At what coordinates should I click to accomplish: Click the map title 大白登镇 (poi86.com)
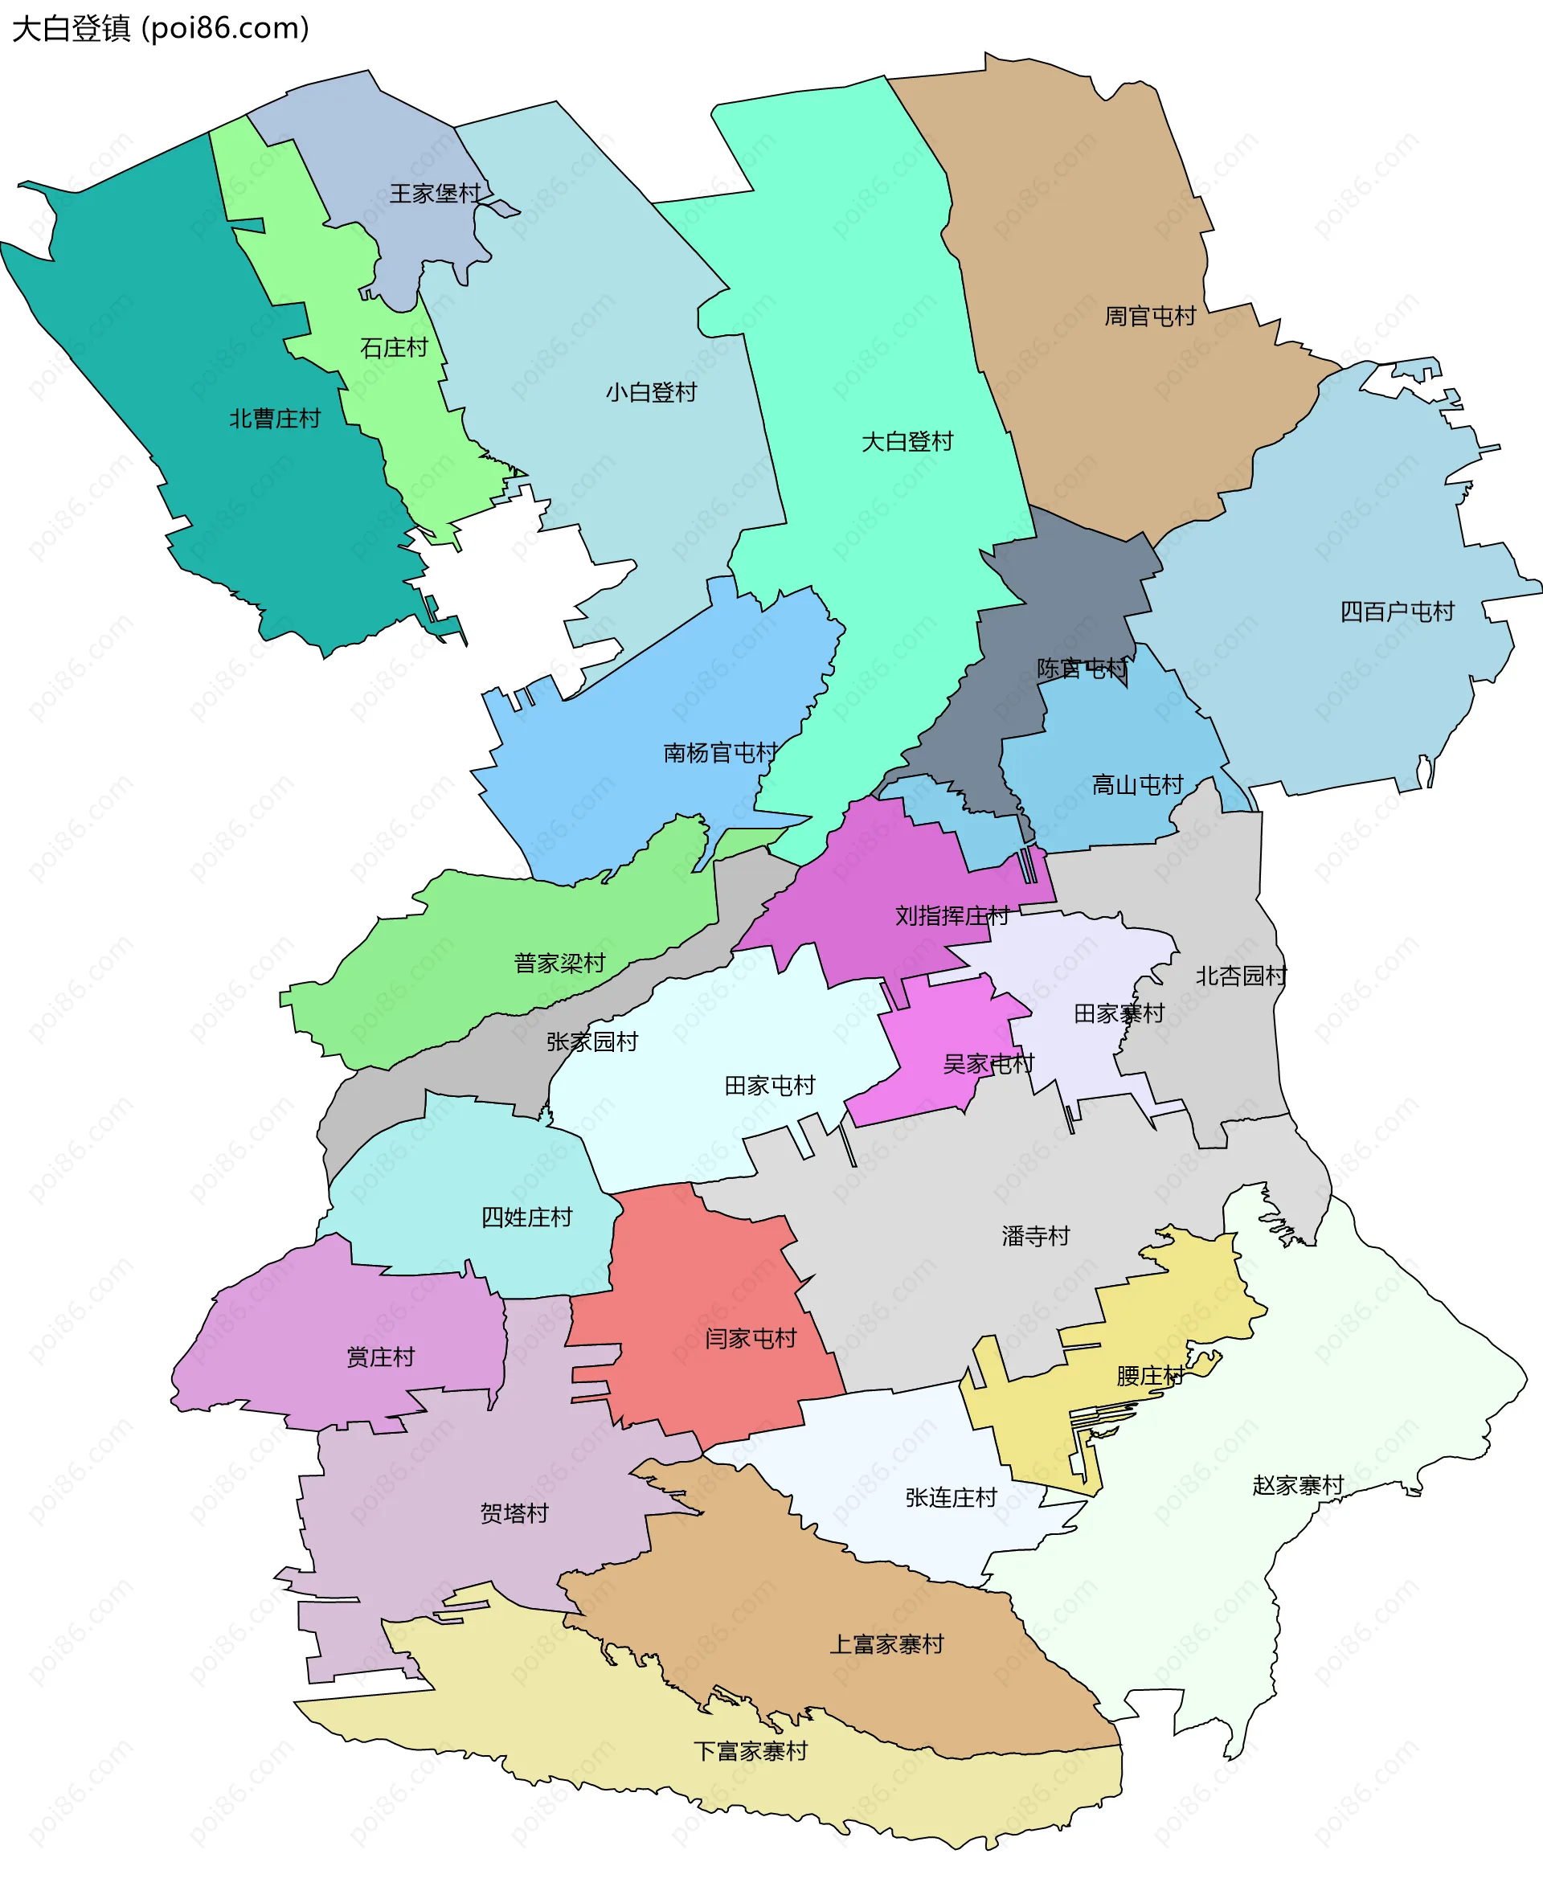(160, 28)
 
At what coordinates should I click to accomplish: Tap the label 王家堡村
(435, 194)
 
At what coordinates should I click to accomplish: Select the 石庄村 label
(394, 347)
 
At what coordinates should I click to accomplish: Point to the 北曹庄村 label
(275, 419)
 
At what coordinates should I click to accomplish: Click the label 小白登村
(651, 392)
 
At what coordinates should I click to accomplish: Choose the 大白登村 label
(907, 442)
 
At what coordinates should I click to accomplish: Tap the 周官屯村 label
(1149, 317)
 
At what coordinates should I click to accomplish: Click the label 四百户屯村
(1397, 612)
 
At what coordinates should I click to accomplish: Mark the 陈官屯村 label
(1081, 669)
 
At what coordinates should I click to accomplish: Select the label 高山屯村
(1137, 785)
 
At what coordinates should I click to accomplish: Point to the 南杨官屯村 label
(720, 753)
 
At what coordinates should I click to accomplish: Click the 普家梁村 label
(559, 963)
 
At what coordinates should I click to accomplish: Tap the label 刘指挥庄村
(951, 915)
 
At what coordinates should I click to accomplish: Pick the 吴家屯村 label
(988, 1064)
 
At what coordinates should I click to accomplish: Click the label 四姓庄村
(526, 1217)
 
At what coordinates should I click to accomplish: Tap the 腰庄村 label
(1149, 1376)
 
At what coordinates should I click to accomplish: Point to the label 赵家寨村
(1297, 1485)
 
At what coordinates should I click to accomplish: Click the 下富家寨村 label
(750, 1751)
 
